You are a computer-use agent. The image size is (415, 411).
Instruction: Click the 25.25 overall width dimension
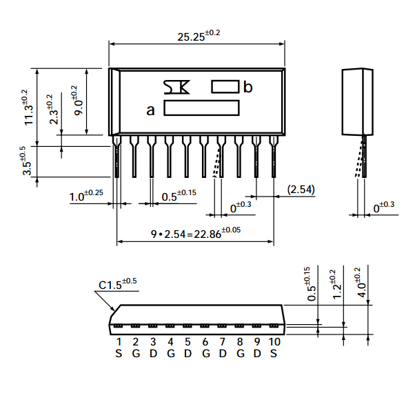(199, 35)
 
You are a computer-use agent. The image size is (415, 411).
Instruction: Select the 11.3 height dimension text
(28, 108)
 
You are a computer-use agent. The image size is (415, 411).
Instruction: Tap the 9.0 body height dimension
(77, 101)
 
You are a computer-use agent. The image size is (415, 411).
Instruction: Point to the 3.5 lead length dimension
(26, 161)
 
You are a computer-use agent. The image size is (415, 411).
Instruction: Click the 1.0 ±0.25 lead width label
(86, 195)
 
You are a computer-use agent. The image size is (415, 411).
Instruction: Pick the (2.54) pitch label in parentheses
(301, 190)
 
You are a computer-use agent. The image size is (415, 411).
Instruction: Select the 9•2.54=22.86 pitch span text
(196, 233)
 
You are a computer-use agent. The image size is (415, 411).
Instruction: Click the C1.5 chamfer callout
(117, 284)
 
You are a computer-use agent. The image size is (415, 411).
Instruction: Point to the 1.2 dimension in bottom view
(336, 285)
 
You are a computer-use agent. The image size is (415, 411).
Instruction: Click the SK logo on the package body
(176, 87)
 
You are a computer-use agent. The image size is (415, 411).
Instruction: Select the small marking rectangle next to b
(225, 87)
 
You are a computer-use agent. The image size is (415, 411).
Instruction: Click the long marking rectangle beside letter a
(201, 108)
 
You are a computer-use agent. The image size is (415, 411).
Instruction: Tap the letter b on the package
(247, 87)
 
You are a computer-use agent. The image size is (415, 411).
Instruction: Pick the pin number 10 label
(274, 342)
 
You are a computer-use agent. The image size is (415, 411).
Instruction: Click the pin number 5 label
(188, 342)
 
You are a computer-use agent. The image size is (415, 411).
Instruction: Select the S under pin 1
(119, 354)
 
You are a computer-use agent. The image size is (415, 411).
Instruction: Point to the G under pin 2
(136, 354)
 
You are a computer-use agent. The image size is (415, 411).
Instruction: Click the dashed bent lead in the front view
(216, 163)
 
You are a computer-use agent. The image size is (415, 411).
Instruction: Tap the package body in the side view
(358, 101)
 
